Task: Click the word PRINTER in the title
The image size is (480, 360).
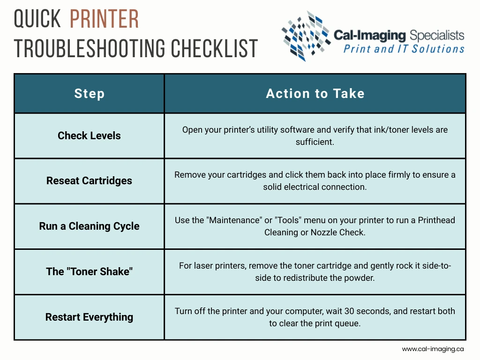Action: tap(105, 19)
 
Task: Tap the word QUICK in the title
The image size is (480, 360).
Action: tap(37, 19)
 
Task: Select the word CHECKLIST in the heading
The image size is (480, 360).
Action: tap(214, 48)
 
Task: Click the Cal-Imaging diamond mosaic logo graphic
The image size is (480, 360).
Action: tap(306, 36)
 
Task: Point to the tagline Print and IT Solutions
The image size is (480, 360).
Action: tap(404, 49)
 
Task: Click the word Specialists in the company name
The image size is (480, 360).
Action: tap(437, 36)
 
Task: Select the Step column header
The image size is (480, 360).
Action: tap(90, 93)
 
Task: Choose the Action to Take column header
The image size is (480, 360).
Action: tap(315, 93)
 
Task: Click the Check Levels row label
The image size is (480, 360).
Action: tap(89, 135)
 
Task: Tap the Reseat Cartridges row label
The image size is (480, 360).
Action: tap(89, 180)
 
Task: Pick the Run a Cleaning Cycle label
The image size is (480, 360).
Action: tap(89, 226)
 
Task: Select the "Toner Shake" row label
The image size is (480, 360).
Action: tap(89, 271)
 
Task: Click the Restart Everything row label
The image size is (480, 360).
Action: tap(89, 317)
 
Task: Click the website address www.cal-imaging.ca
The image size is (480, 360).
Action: tap(433, 349)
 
